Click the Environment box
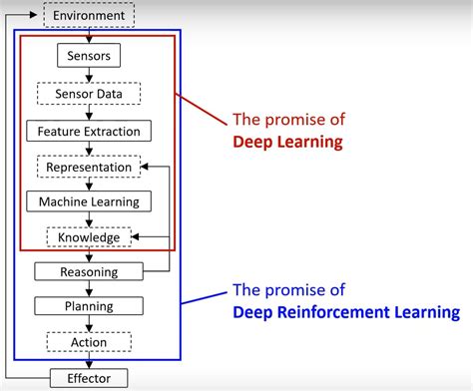[90, 16]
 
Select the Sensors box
[90, 56]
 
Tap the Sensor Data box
[90, 94]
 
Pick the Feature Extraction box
[90, 131]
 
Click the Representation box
[89, 167]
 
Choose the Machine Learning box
[90, 202]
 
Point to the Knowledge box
[89, 237]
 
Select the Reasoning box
[90, 271]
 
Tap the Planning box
[90, 306]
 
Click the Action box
[90, 342]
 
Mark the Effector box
[90, 378]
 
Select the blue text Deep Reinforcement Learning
[346, 312]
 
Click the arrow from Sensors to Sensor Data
[90, 75]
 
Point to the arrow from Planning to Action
[90, 324]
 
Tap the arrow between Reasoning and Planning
[90, 289]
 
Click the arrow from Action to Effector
[90, 360]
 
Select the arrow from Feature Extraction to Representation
[90, 149]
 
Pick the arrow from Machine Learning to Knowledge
[90, 220]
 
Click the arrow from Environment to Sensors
[90, 36]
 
